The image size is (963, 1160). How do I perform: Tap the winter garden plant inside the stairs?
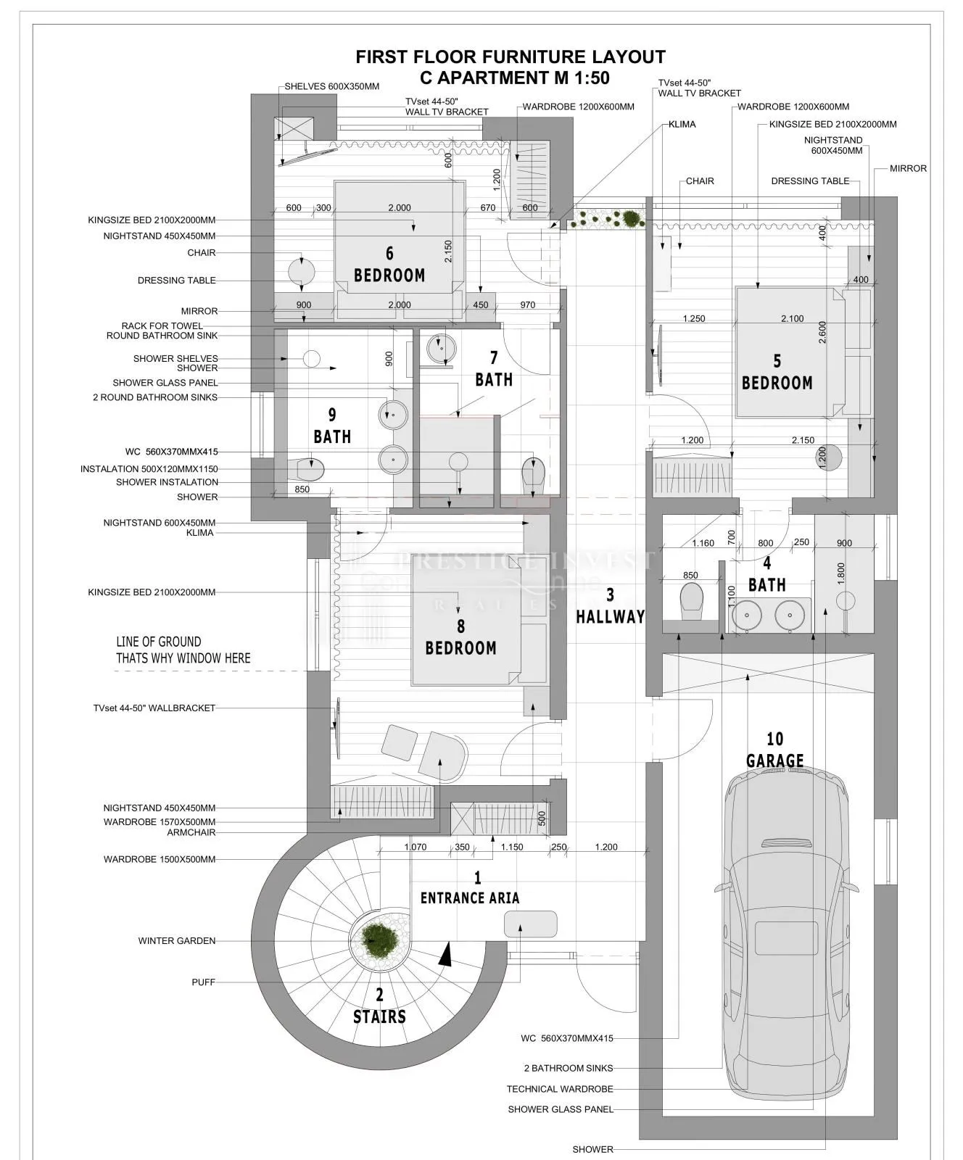(380, 940)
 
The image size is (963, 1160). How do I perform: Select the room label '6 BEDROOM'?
(389, 265)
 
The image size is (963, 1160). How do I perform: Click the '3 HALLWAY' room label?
(610, 606)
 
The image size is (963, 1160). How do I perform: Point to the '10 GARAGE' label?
(774, 750)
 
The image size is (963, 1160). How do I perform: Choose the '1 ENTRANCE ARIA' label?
(470, 888)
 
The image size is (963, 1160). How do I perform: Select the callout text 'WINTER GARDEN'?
(177, 941)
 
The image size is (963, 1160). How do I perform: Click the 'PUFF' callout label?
(204, 982)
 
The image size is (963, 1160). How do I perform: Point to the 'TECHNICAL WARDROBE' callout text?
(560, 1089)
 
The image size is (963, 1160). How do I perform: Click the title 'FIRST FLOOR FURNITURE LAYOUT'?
(511, 57)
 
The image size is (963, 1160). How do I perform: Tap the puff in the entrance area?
(531, 924)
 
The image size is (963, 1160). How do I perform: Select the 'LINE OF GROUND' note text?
(159, 642)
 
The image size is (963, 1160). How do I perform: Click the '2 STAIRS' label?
(379, 1006)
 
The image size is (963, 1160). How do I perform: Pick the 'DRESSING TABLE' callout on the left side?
(177, 281)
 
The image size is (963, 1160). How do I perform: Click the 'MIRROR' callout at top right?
(909, 168)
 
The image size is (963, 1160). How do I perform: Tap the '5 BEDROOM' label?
(777, 372)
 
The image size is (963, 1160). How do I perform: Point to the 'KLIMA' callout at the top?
(682, 124)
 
